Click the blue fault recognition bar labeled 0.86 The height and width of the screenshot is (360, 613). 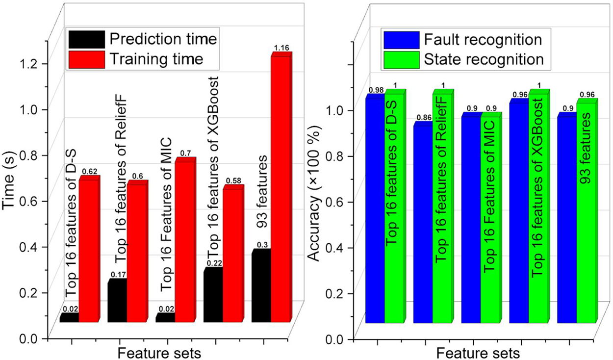tap(422, 225)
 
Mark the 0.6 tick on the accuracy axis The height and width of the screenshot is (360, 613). tap(340, 202)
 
